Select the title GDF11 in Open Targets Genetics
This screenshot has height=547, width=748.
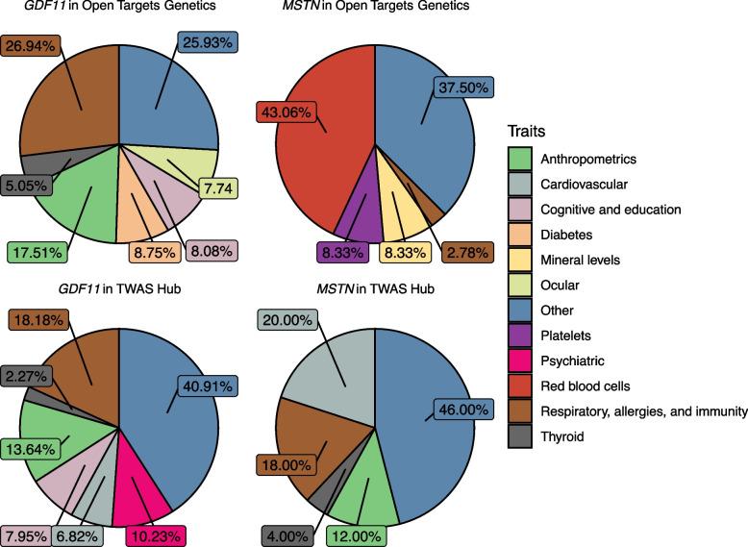click(120, 9)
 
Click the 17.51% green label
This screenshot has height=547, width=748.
click(38, 252)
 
